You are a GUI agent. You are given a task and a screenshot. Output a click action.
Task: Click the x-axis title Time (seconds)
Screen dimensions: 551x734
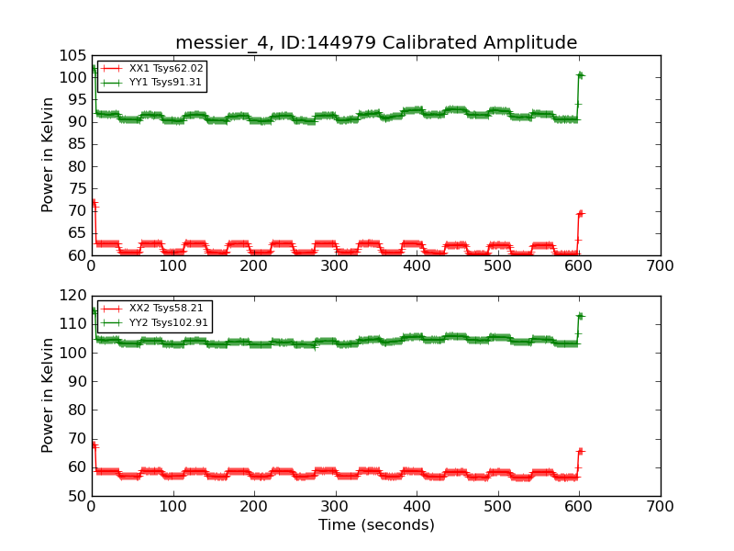[x=376, y=525]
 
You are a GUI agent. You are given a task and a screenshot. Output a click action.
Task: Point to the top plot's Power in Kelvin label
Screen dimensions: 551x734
[x=48, y=155]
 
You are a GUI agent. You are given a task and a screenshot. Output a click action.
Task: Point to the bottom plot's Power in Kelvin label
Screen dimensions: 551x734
[x=48, y=396]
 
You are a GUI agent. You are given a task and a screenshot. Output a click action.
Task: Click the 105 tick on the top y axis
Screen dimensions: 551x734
[x=72, y=55]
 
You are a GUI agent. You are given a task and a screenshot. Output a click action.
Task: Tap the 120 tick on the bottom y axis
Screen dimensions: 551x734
[x=72, y=296]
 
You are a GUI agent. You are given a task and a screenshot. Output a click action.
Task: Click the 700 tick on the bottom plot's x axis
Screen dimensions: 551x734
[x=660, y=507]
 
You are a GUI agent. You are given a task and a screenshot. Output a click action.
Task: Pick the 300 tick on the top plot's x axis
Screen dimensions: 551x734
[x=335, y=266]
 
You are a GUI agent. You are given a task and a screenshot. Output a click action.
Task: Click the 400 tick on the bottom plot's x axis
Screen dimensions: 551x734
[x=417, y=507]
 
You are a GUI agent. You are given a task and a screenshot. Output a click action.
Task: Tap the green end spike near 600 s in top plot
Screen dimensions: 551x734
[x=579, y=75]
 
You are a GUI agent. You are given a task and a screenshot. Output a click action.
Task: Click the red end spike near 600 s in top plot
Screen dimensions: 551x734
[x=579, y=213]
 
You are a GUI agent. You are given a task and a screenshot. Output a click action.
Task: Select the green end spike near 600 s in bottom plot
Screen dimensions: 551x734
[x=579, y=316]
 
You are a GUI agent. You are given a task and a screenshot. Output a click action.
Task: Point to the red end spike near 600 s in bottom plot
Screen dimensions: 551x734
[x=579, y=452]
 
